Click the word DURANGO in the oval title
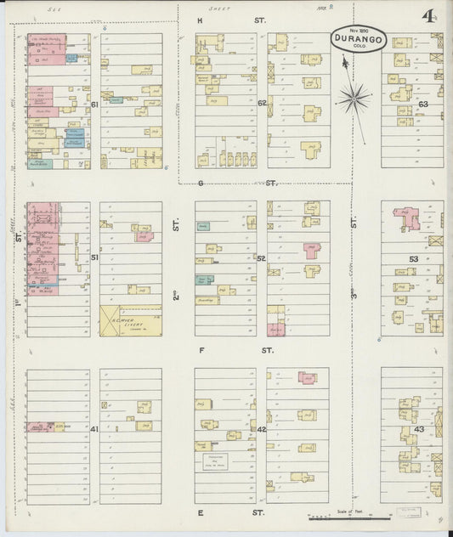pos(358,39)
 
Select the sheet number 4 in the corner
pos(428,18)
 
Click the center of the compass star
pos(354,99)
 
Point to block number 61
pos(95,104)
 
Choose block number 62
pos(262,103)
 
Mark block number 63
pos(422,104)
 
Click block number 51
pos(95,257)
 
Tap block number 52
pos(261,258)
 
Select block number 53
pos(414,258)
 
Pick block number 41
pos(94,429)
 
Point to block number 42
pos(261,429)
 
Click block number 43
pos(418,429)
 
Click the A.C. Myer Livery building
pos(130,320)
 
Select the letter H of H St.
pos(201,20)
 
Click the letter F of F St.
pos(202,350)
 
